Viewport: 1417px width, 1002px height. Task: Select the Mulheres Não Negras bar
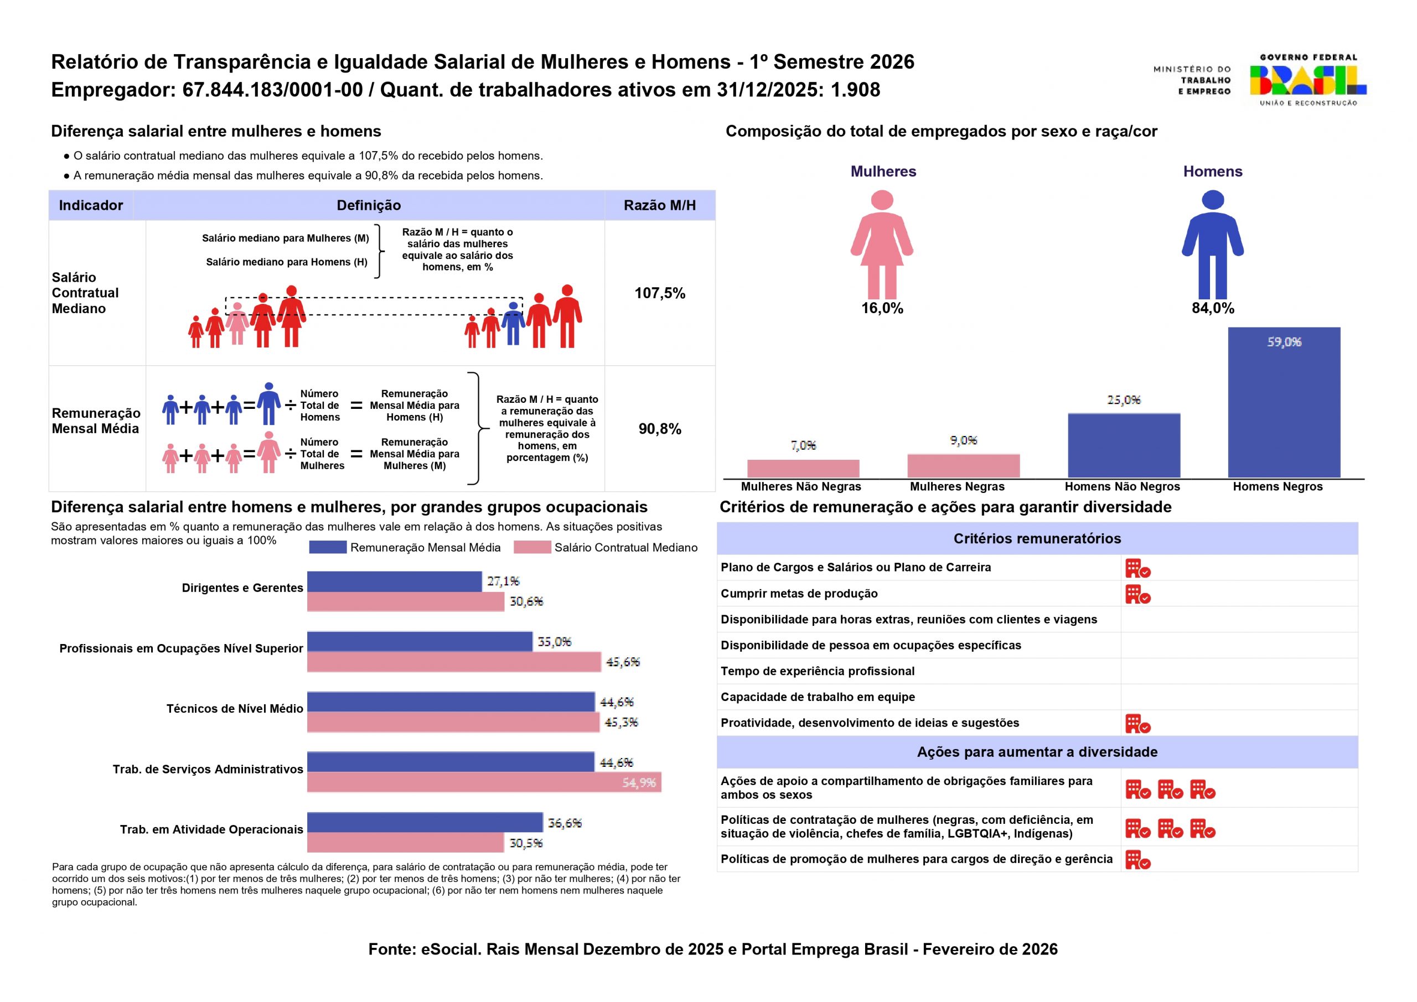coord(803,468)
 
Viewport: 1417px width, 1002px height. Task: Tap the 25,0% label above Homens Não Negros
coord(1124,400)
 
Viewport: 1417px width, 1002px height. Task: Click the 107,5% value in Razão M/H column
coord(660,293)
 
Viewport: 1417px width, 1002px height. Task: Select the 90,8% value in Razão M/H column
coord(660,429)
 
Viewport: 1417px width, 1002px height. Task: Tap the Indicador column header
coord(91,205)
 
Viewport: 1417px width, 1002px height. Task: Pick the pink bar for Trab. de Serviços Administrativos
coord(484,782)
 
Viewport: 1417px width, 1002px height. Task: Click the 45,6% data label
coord(623,662)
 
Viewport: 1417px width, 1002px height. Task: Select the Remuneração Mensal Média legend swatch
coord(328,547)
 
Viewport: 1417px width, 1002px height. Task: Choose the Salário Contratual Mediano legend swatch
coord(532,547)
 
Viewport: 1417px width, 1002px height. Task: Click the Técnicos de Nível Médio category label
coord(235,708)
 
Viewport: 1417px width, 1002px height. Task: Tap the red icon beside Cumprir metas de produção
coord(1137,594)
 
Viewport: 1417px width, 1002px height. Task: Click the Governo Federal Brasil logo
coord(1308,80)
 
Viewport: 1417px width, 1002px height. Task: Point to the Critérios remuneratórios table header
coord(1037,539)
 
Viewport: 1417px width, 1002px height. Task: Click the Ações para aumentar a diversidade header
coord(1037,752)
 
